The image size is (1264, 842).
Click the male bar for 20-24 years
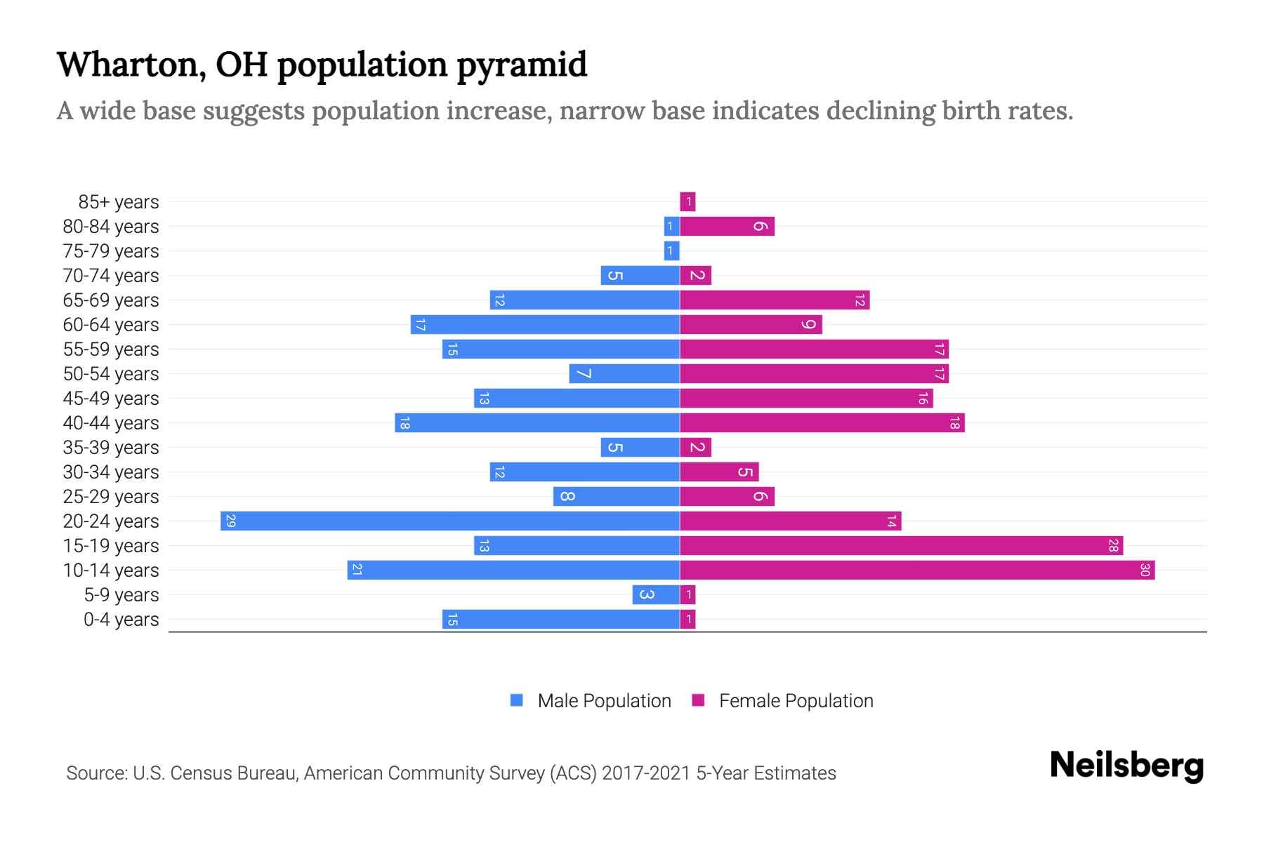click(449, 521)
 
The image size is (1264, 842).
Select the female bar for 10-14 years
click(916, 570)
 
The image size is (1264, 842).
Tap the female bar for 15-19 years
click(901, 546)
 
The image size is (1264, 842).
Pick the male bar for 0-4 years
click(560, 620)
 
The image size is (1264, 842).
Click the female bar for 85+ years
click(687, 202)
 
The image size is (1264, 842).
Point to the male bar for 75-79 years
click(671, 251)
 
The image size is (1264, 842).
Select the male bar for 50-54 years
click(624, 374)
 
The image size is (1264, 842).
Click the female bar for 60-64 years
click(750, 325)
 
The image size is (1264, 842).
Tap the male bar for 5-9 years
click(655, 595)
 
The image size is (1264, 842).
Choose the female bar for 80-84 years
click(727, 227)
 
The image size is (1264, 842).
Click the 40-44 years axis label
click(111, 423)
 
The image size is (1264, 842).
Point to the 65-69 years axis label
click(111, 300)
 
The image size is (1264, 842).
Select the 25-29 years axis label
click(111, 497)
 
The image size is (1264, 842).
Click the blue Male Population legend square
click(517, 700)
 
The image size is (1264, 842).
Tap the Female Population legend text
click(796, 701)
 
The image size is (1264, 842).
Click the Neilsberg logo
click(1126, 766)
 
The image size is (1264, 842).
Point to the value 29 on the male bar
click(230, 521)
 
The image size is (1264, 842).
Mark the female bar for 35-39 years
click(695, 448)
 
